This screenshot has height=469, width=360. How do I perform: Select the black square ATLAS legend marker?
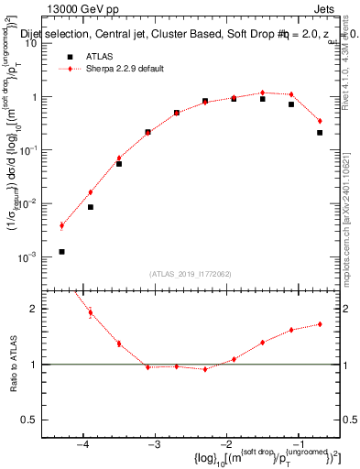70,56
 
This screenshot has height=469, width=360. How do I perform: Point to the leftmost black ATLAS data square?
61,251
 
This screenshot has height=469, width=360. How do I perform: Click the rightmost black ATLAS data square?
320,133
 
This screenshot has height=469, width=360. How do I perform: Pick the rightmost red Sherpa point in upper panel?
320,121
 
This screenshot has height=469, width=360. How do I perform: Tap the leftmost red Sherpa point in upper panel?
61,225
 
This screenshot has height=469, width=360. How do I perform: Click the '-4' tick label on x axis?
82,445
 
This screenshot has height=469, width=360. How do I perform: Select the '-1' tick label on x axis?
299,445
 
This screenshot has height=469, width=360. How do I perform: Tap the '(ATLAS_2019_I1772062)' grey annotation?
191,274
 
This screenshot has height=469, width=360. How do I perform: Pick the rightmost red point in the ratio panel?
320,323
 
